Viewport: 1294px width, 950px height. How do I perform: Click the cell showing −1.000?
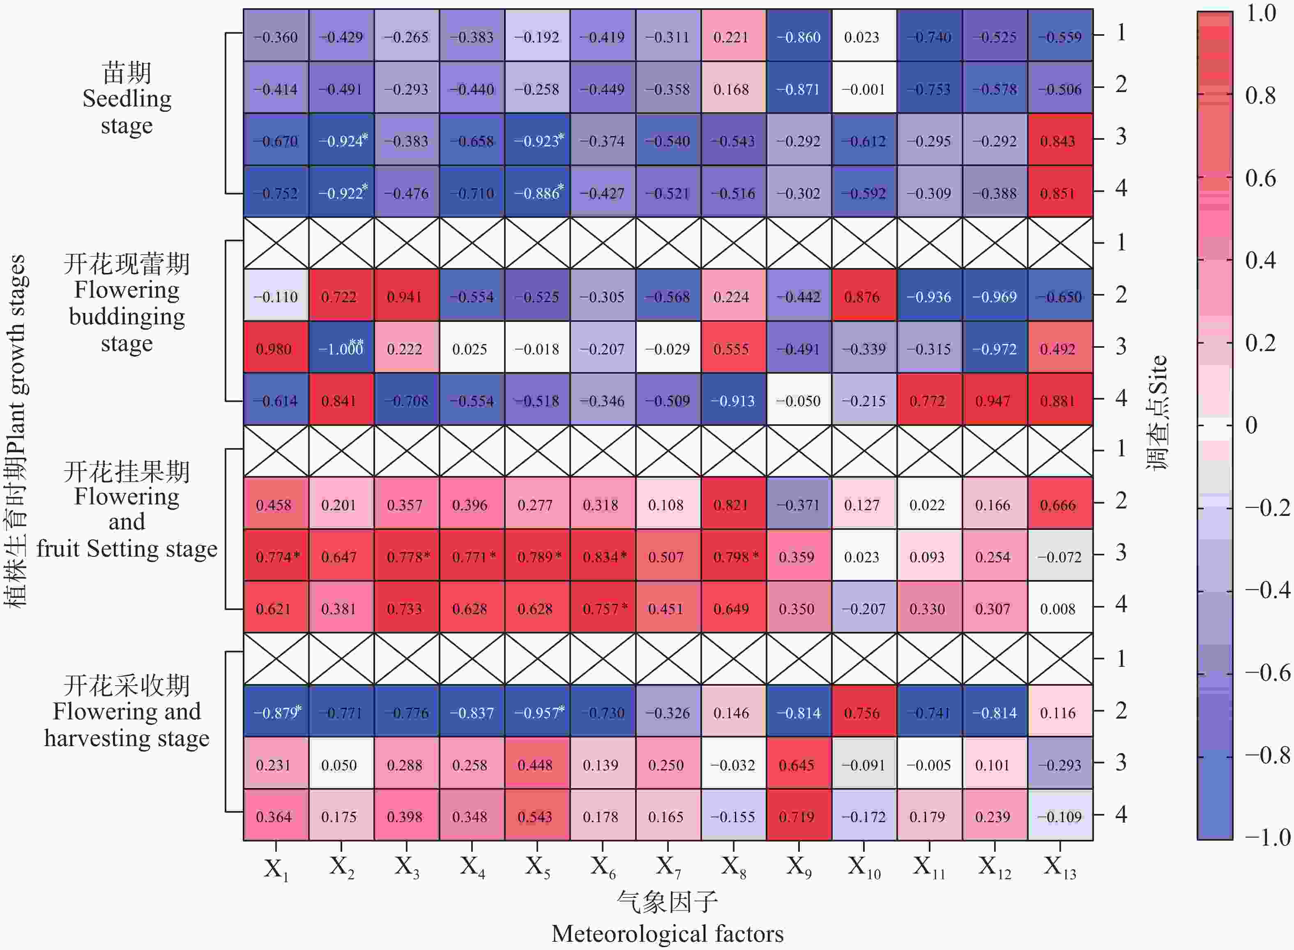(341, 349)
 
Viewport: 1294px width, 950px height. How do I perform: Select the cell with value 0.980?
(276, 349)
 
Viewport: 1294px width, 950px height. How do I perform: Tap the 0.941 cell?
(406, 297)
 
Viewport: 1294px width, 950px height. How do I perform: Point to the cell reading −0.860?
(798, 37)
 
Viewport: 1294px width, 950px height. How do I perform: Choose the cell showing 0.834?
(603, 557)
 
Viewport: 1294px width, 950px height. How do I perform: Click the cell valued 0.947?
(994, 401)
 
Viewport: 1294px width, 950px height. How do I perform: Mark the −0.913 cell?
(733, 401)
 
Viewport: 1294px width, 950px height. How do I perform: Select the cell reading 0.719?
(798, 816)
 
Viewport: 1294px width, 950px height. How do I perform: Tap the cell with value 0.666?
(1059, 505)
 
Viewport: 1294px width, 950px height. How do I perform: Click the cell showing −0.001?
(863, 89)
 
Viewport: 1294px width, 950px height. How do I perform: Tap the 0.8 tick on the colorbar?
(1260, 95)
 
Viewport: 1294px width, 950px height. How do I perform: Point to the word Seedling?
(127, 99)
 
